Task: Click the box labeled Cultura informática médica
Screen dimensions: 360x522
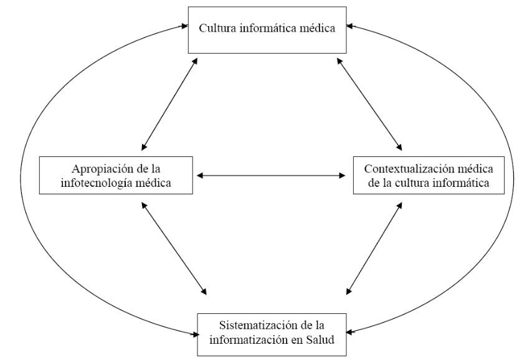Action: point(268,29)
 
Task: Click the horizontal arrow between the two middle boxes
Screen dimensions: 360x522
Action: point(271,176)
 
